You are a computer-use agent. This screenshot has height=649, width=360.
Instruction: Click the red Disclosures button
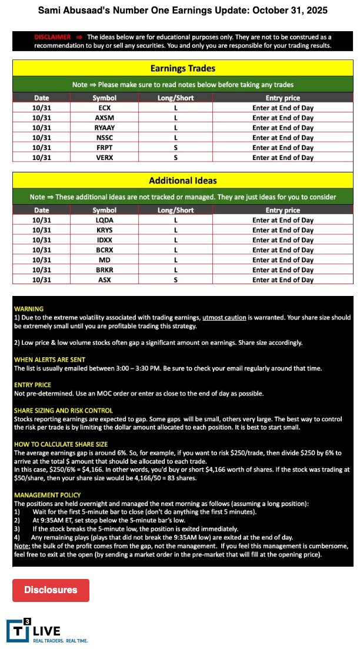(x=51, y=590)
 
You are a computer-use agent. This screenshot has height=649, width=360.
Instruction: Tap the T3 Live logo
(x=47, y=631)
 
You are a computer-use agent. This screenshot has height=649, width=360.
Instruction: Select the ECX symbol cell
(x=105, y=108)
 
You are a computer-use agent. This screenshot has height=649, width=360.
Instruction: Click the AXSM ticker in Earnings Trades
(x=105, y=118)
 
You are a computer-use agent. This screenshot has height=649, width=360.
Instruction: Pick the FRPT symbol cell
(x=105, y=148)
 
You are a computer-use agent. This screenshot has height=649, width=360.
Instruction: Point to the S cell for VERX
(x=175, y=158)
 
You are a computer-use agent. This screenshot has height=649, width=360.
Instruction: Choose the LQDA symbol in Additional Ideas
(x=105, y=220)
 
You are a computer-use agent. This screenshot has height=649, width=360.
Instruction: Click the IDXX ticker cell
(x=105, y=240)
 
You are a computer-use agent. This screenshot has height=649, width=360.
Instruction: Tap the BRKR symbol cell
(x=105, y=270)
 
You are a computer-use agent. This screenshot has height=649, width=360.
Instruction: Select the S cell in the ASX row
(x=175, y=280)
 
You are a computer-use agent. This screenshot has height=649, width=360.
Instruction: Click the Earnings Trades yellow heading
(x=183, y=68)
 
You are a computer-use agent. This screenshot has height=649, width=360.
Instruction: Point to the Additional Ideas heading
(x=183, y=181)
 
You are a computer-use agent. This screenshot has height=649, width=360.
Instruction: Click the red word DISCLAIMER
(x=52, y=36)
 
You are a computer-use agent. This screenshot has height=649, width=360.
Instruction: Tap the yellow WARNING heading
(x=29, y=308)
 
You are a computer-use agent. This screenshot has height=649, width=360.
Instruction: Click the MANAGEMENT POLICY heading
(x=48, y=495)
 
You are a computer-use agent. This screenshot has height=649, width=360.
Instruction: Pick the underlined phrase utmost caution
(x=224, y=317)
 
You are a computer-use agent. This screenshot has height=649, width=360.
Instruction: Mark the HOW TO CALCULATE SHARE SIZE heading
(x=61, y=444)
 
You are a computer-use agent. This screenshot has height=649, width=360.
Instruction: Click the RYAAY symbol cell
(x=105, y=128)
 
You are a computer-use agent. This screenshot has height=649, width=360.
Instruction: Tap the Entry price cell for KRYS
(x=283, y=230)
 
